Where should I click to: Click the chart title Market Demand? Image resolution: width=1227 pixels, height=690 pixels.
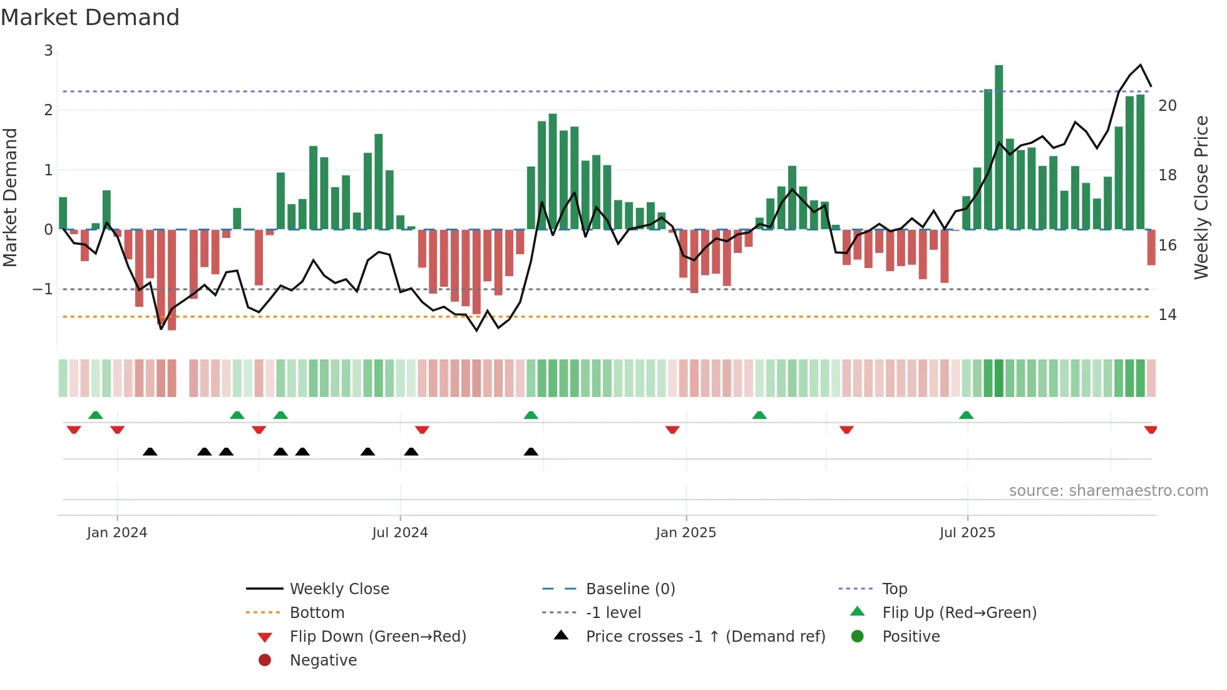90,17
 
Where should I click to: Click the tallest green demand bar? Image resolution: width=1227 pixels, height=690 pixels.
999,147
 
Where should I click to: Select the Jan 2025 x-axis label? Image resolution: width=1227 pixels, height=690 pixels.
685,533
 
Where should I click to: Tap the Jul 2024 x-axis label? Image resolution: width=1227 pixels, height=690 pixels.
399,533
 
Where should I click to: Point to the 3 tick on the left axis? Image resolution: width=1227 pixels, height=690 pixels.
48,51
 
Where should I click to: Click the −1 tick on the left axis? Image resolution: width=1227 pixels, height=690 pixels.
43,289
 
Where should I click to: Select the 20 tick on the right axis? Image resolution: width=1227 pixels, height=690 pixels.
1167,106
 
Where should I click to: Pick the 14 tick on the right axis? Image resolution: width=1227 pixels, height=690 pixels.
1167,315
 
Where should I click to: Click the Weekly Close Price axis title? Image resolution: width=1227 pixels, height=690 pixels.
1201,197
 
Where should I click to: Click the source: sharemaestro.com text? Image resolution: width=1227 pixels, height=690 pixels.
1108,491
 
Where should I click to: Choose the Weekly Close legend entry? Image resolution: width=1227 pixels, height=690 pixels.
339,589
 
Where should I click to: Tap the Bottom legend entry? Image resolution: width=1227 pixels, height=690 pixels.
317,613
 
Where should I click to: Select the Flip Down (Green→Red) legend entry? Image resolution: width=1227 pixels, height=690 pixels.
377,637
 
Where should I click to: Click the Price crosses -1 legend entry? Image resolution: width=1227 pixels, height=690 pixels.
705,637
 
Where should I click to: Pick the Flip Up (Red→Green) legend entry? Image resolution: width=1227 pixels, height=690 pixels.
959,613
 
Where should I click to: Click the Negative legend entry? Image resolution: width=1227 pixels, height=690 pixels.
323,661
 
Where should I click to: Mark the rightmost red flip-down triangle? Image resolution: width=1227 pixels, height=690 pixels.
1150,430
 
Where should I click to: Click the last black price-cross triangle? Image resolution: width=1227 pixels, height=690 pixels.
531,451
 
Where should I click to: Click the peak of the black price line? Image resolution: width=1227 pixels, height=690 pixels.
1140,65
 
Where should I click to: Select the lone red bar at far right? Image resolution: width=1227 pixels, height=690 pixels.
1151,247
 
